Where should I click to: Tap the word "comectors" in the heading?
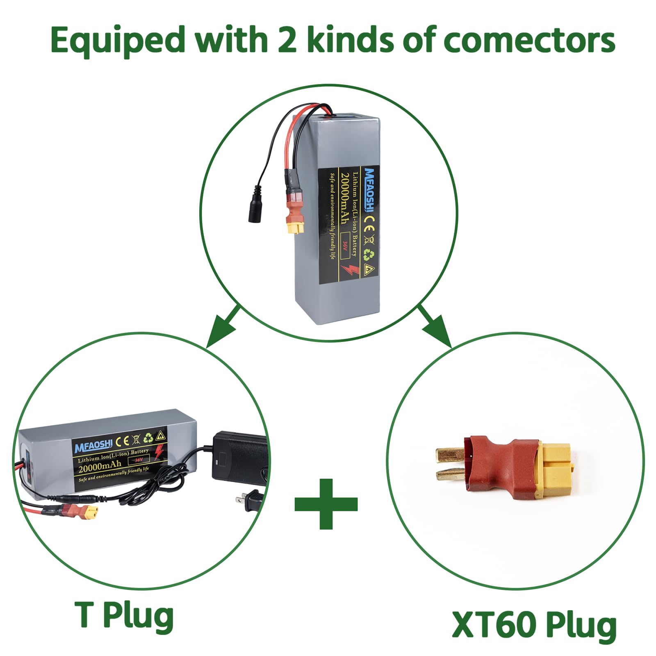529,40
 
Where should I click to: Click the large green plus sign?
326,503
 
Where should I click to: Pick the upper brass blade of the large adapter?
449,454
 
